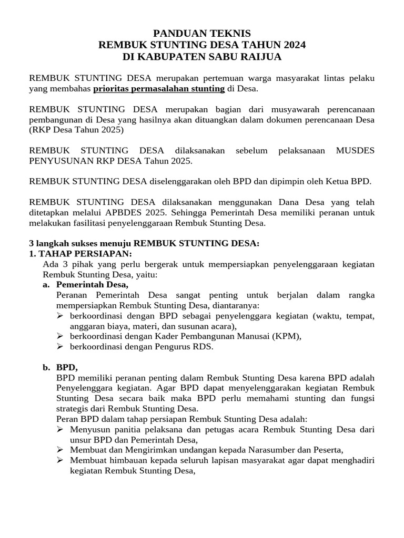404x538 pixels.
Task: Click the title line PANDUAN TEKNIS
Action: [x=202, y=33]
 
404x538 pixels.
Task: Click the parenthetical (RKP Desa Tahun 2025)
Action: [x=76, y=129]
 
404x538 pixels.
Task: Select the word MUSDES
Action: [x=355, y=150]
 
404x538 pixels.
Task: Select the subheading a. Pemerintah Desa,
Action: [x=92, y=285]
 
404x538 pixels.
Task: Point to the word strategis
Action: [x=74, y=409]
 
